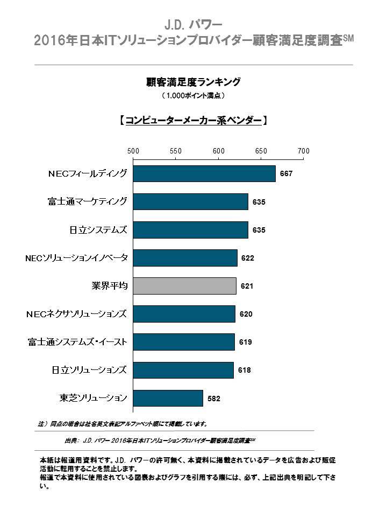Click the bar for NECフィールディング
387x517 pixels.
tap(204, 174)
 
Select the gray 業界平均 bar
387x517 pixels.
tap(184, 286)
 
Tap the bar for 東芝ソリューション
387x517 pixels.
tap(168, 398)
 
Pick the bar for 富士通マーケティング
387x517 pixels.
tap(190, 202)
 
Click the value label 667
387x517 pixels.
tap(286, 174)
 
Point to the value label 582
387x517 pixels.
tap(214, 399)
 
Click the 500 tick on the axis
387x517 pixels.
tap(133, 151)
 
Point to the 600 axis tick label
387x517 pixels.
tap(218, 151)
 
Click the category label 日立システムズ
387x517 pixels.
tap(99, 230)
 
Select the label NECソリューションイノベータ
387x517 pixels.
tap(77, 258)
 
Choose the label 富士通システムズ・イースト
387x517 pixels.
tap(77, 342)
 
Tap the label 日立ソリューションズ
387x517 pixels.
tap(89, 370)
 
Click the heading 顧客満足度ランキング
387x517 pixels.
tap(193, 82)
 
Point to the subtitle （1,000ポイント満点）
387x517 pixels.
tap(193, 96)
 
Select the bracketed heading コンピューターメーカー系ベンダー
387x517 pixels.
tap(193, 120)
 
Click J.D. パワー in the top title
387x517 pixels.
tap(193, 25)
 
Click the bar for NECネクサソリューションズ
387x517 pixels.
tap(184, 314)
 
